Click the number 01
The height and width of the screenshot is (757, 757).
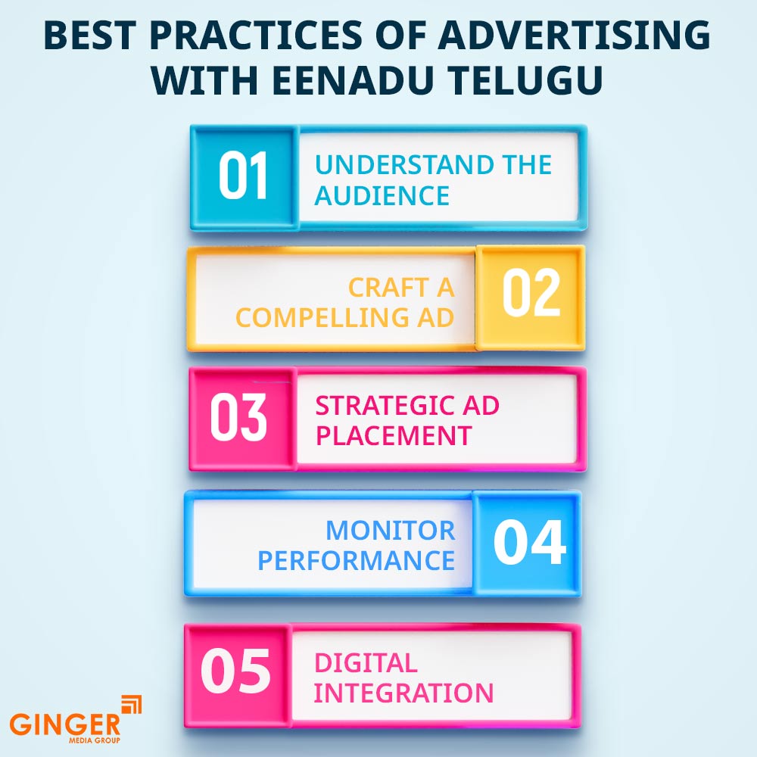[x=244, y=177]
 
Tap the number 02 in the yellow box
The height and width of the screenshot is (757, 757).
[x=531, y=294]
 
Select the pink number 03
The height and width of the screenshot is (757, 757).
[x=238, y=419]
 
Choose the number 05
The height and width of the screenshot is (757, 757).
[x=235, y=671]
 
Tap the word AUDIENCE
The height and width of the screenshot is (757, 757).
[x=382, y=196]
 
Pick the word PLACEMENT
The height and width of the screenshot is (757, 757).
[x=394, y=435]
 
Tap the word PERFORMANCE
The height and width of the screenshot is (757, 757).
[x=356, y=560]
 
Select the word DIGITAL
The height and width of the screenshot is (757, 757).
[x=366, y=662]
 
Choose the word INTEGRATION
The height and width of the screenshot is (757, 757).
[x=403, y=693]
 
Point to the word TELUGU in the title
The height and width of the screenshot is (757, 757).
[x=519, y=80]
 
